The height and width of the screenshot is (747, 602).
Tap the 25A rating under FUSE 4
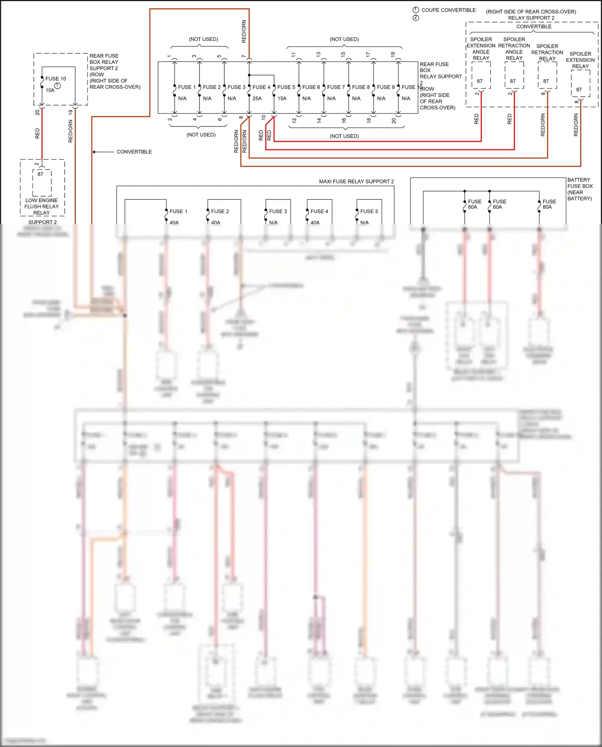point(257,98)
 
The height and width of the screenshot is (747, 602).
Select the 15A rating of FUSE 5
point(282,98)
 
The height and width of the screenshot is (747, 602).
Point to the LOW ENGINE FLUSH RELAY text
point(41,206)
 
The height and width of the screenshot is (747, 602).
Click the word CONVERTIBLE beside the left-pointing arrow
point(134,152)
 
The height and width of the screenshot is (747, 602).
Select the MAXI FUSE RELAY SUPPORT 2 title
point(356,181)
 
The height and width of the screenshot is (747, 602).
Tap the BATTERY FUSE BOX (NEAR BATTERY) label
point(580,189)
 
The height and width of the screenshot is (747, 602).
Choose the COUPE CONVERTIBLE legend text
point(448,10)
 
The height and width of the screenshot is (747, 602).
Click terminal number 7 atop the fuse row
point(244,56)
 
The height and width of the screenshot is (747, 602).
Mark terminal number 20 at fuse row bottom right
point(394,120)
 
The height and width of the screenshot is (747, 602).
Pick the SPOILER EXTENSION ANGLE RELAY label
point(481,49)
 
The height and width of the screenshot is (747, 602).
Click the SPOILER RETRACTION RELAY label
point(547,52)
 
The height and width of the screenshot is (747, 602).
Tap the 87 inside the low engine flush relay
point(41,174)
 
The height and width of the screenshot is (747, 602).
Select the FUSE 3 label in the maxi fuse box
point(278,211)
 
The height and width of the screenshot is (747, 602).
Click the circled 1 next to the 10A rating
point(57,85)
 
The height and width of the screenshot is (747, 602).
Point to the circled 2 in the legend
point(416,18)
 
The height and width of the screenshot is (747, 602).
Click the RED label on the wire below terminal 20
point(37,133)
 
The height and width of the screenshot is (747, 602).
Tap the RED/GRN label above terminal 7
point(244,31)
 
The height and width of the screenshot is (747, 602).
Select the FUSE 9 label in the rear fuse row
point(386,87)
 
